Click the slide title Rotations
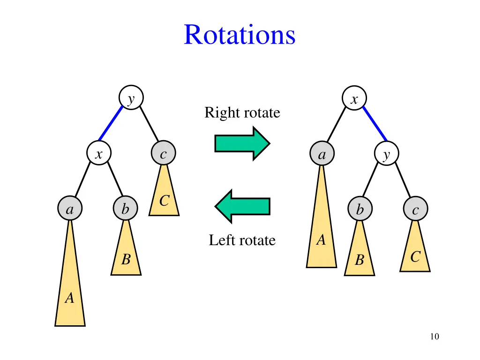tap(240, 35)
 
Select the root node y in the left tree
tap(131, 98)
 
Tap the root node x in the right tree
tap(354, 98)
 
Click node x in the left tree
tap(99, 154)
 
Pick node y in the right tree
tap(386, 154)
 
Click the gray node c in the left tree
tap(163, 154)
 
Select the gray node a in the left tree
tap(70, 209)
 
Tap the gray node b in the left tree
tap(125, 209)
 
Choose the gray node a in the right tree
tap(322, 154)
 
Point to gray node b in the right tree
tap(360, 209)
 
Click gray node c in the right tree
tap(415, 209)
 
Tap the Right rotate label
tap(242, 113)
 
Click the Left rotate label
tap(242, 240)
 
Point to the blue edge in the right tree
tap(375, 123)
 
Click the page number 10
tap(434, 336)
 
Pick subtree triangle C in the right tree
tap(415, 253)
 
